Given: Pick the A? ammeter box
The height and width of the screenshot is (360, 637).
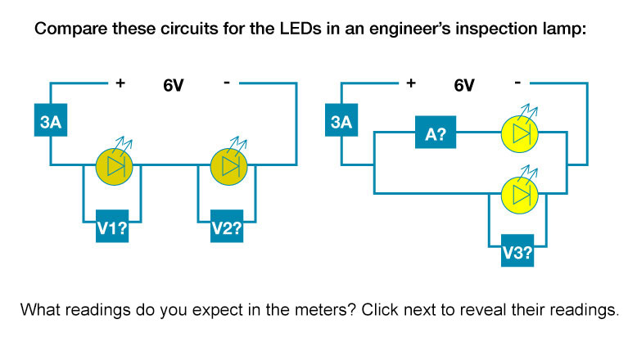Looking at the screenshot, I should (x=435, y=133).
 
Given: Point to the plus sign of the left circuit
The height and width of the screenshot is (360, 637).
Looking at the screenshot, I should (x=120, y=83).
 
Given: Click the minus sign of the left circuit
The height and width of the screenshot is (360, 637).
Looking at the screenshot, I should (x=226, y=82).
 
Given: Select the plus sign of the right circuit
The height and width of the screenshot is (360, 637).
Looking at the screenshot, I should (x=410, y=83).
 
